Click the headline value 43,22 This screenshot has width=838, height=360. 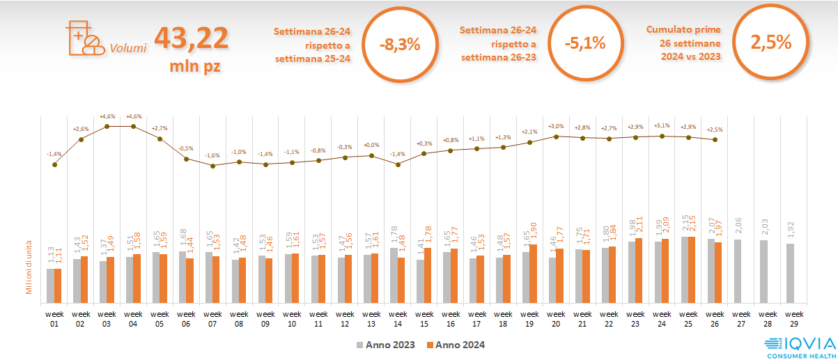(x=192, y=38)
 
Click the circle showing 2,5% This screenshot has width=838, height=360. (x=771, y=42)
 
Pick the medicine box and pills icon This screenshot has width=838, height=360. (x=82, y=38)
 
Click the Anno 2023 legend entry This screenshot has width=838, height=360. (x=386, y=345)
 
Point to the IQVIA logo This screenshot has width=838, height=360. (x=800, y=345)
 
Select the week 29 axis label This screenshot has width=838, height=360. (x=791, y=318)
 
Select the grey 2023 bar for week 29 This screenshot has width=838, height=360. (x=789, y=274)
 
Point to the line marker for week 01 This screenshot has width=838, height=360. (x=55, y=164)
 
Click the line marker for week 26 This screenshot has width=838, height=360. (x=715, y=140)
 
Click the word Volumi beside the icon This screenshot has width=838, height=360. (x=128, y=49)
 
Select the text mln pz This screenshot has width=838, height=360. (x=195, y=67)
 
